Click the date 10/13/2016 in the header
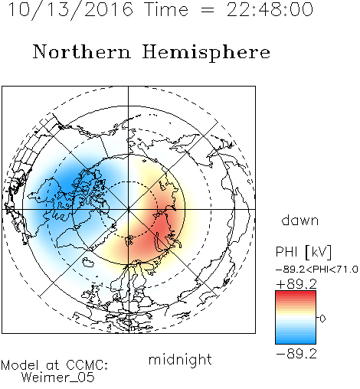click(70, 10)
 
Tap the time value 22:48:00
click(270, 10)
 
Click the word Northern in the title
click(82, 51)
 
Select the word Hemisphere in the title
click(206, 52)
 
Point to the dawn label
click(300, 220)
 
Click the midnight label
click(180, 360)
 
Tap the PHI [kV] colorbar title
click(303, 252)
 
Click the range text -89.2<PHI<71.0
click(317, 270)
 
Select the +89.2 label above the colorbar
click(296, 284)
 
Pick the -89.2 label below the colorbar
click(296, 354)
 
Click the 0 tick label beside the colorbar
click(322, 319)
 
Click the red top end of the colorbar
click(296, 293)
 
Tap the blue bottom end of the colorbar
click(296, 342)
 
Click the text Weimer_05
click(58, 377)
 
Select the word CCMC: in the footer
click(87, 365)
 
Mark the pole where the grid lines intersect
click(128, 209)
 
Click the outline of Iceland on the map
click(88, 262)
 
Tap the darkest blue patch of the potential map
click(67, 181)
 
